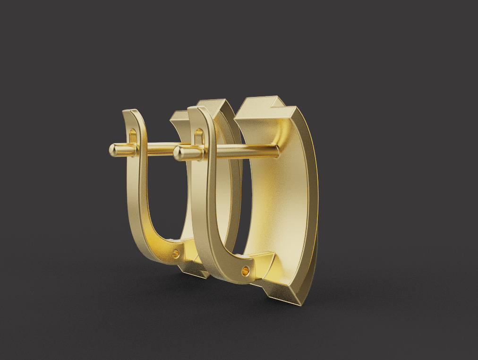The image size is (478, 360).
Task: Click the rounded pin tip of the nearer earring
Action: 179,153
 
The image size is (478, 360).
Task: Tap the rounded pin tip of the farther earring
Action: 114,150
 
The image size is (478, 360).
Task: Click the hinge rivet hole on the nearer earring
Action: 245,271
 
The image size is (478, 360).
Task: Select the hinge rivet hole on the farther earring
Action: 176,254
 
